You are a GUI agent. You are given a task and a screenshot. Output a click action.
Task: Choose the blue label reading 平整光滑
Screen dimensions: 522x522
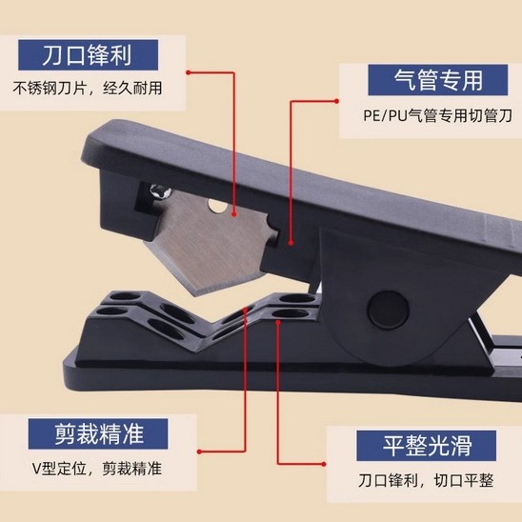[x=426, y=445]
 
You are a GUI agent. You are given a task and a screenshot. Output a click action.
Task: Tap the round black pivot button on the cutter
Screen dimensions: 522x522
[x=385, y=311]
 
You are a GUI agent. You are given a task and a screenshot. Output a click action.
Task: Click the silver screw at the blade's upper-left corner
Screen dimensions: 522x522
[x=158, y=193]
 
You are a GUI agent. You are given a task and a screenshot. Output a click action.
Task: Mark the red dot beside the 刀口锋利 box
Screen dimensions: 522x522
[x=191, y=70]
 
